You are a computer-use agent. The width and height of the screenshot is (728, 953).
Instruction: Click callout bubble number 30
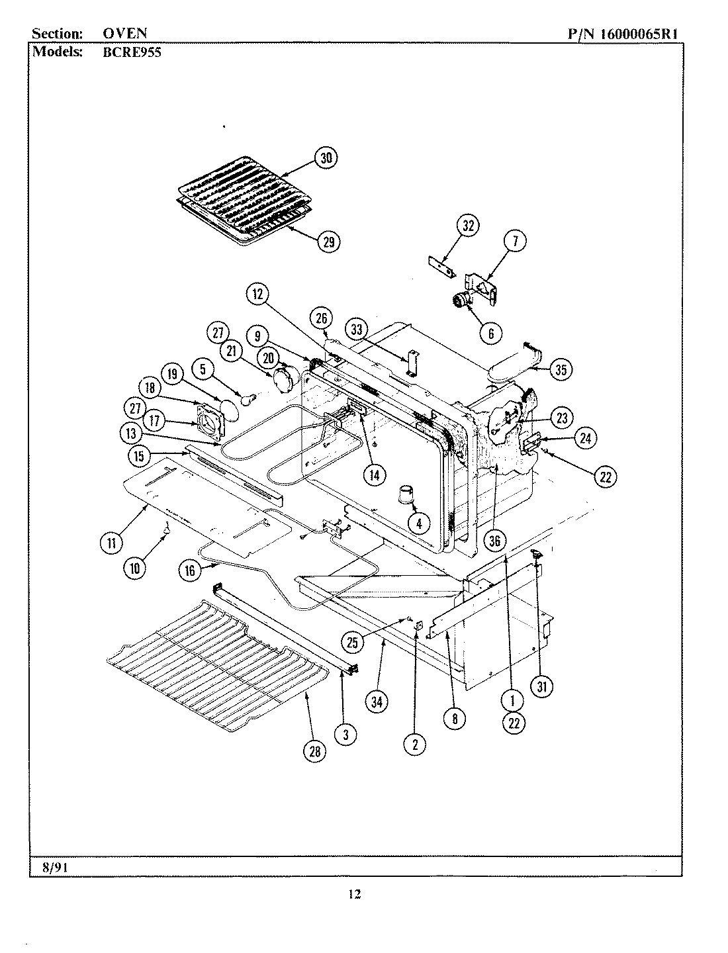(325, 158)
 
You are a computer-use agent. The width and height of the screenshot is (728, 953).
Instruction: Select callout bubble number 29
(328, 242)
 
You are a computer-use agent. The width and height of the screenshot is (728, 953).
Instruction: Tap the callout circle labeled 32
(468, 226)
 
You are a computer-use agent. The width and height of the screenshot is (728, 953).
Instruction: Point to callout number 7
(514, 242)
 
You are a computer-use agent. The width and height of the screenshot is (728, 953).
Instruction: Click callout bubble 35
(560, 369)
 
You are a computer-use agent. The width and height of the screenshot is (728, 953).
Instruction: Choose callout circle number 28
(314, 750)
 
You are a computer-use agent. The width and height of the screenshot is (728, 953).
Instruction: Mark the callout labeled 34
(377, 702)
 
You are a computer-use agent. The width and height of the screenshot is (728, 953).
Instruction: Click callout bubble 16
(190, 570)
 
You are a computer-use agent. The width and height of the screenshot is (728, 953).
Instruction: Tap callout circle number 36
(494, 541)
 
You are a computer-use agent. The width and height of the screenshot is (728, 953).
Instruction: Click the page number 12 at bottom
(355, 895)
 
